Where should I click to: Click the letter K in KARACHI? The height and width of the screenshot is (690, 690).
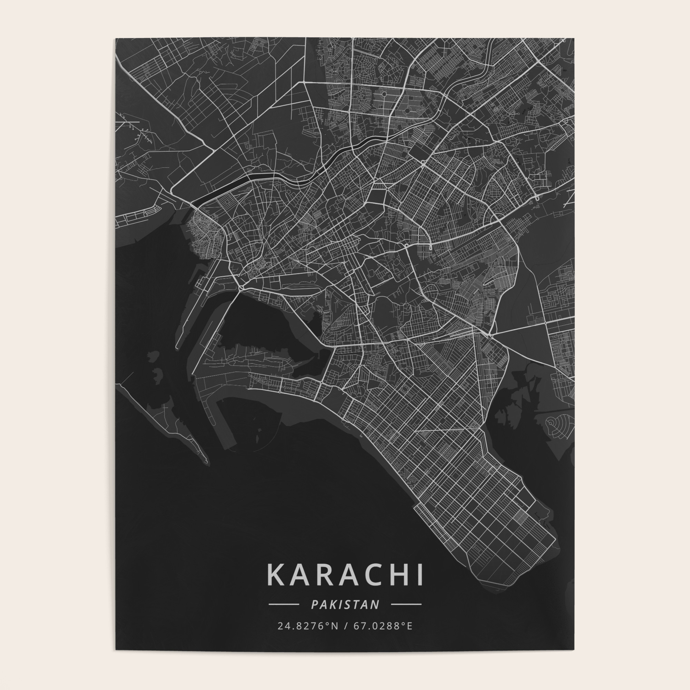click(x=276, y=575)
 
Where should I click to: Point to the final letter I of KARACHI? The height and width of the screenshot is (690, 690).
click(x=419, y=575)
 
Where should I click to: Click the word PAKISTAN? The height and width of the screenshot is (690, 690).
click(x=345, y=604)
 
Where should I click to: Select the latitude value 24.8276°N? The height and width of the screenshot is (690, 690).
click(x=305, y=626)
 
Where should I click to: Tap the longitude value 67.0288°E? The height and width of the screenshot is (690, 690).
click(x=385, y=626)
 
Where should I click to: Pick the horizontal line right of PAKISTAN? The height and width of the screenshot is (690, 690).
click(x=406, y=604)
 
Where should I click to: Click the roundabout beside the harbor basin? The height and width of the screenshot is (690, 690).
click(x=241, y=288)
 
